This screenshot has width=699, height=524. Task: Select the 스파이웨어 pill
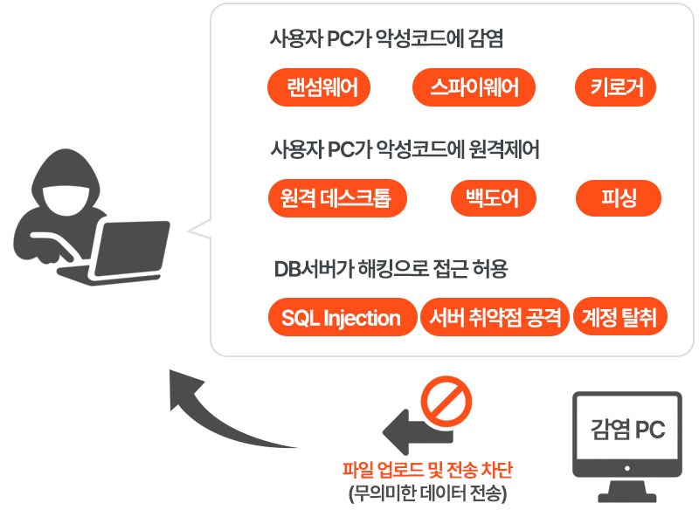[474, 87]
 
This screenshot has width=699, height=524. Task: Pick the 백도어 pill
[486, 199]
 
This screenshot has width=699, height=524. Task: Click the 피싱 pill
[619, 199]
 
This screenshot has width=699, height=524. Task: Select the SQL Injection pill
[341, 318]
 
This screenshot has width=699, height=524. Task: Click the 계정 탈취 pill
[619, 318]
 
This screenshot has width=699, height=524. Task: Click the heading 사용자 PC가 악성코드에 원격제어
[405, 150]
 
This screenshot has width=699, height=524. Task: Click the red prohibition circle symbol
[446, 400]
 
